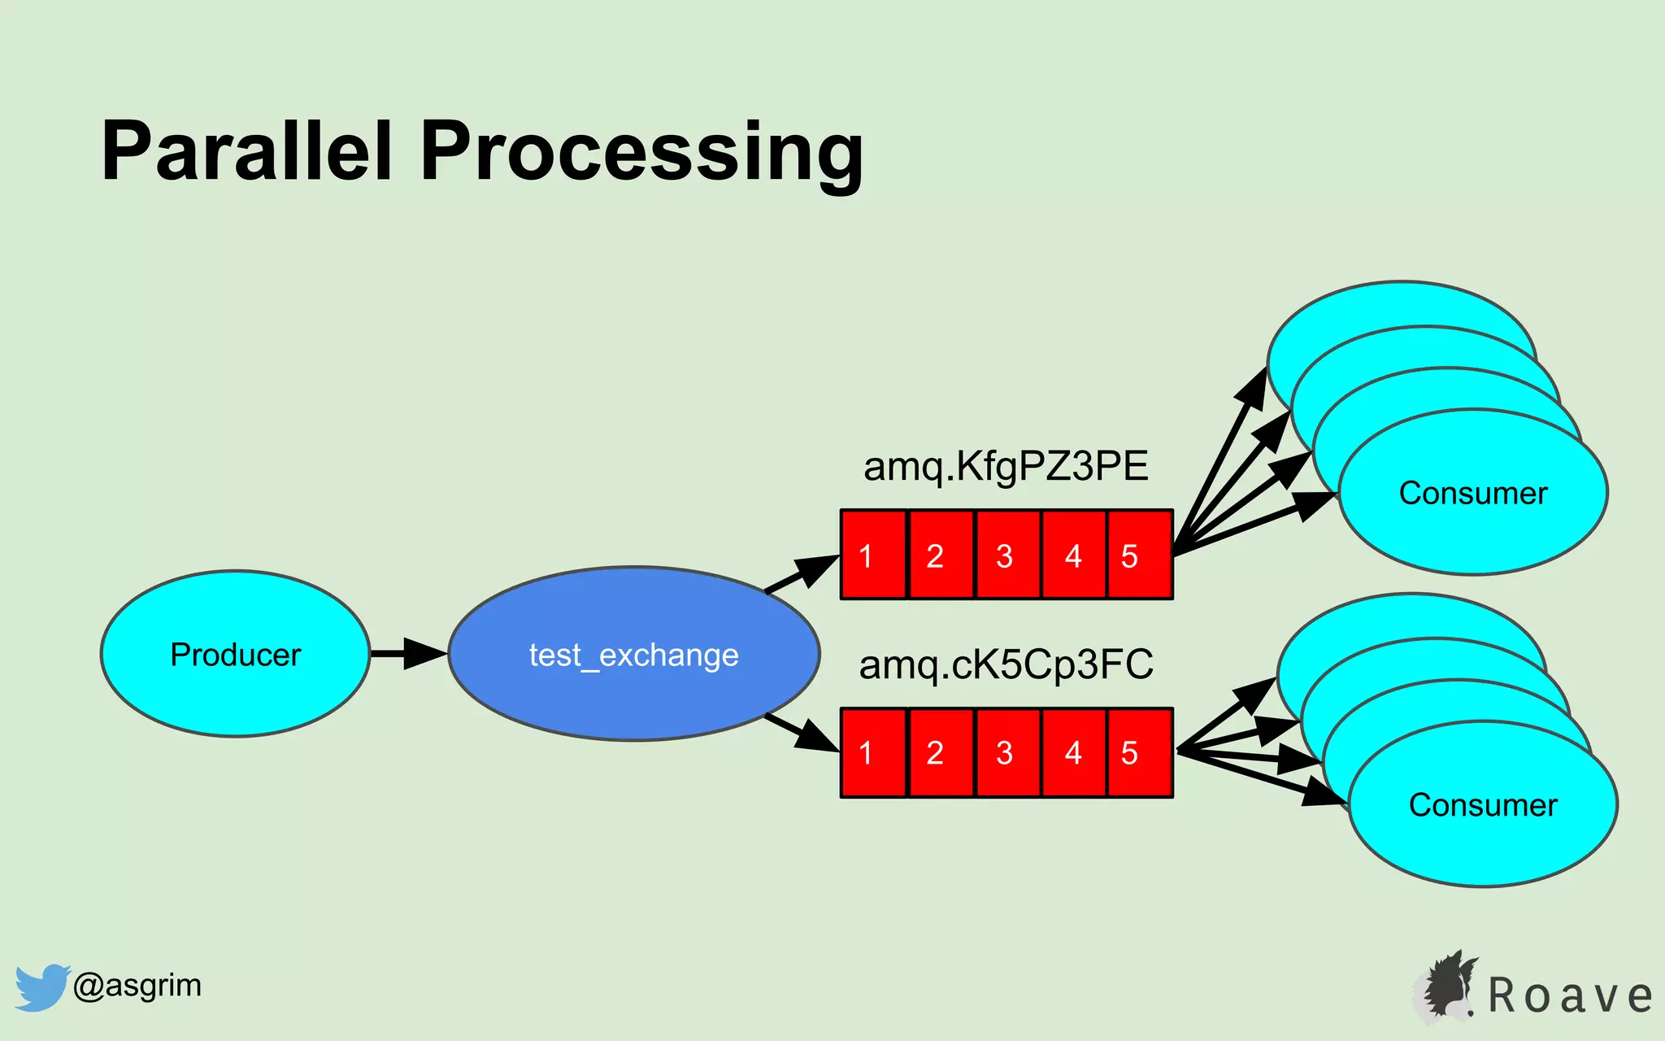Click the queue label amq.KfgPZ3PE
coord(1006,467)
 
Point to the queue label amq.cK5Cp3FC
coord(1006,664)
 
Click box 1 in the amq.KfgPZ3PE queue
coord(872,555)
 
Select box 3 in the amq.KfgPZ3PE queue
coord(1006,555)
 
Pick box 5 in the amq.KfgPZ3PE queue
coord(1138,555)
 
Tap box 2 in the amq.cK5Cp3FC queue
coord(940,753)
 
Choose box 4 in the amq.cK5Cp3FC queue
coord(1073,753)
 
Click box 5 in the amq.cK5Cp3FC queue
coord(1138,753)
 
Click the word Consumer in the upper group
coord(1472,494)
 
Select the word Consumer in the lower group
coord(1482,805)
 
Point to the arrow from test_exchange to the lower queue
coord(802,734)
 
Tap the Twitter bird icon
coord(41,987)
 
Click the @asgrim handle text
coord(137,986)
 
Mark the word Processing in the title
coord(641,155)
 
